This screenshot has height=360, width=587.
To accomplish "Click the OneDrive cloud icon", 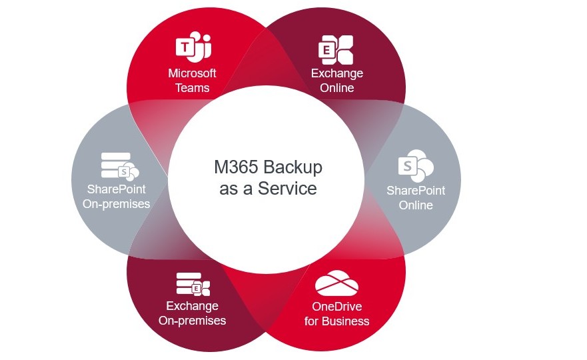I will pos(336,283).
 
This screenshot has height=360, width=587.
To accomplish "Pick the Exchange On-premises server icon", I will pos(193,283).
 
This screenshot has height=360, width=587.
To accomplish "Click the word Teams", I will pos(193,88).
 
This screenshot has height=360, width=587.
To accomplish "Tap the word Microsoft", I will pos(193,73).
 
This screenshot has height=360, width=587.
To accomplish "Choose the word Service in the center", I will pos(289,189).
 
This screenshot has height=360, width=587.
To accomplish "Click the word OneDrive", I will pos(336,307).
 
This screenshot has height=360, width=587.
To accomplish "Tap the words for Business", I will pos(336,321).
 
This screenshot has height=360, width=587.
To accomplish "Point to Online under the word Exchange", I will pos(336,88).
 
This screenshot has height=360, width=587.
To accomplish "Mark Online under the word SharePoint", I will pos(416,205).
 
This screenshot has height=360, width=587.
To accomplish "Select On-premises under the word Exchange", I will pos(193,321).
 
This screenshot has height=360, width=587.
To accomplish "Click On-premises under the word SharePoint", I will pos(117,204).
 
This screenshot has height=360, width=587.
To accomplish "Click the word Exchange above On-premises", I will pos(193,306).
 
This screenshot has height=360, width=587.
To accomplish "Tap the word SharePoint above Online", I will pos(416,191).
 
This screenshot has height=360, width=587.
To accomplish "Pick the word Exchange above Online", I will pos(336,73).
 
